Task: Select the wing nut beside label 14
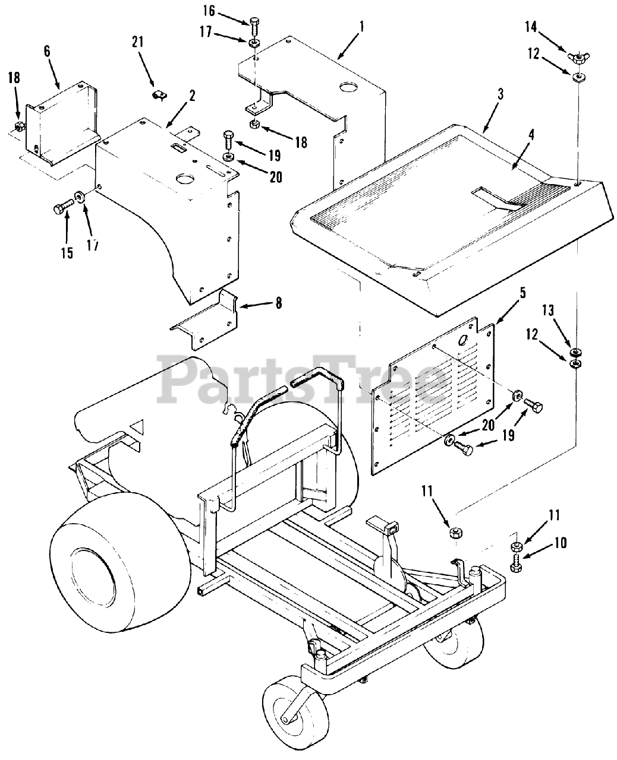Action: coord(576,57)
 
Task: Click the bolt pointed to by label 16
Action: coord(255,25)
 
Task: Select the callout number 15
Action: coord(67,253)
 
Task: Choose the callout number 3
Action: coord(501,94)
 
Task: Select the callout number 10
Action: coord(560,542)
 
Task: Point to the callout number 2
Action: coord(192,98)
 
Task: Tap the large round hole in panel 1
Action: coord(347,87)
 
